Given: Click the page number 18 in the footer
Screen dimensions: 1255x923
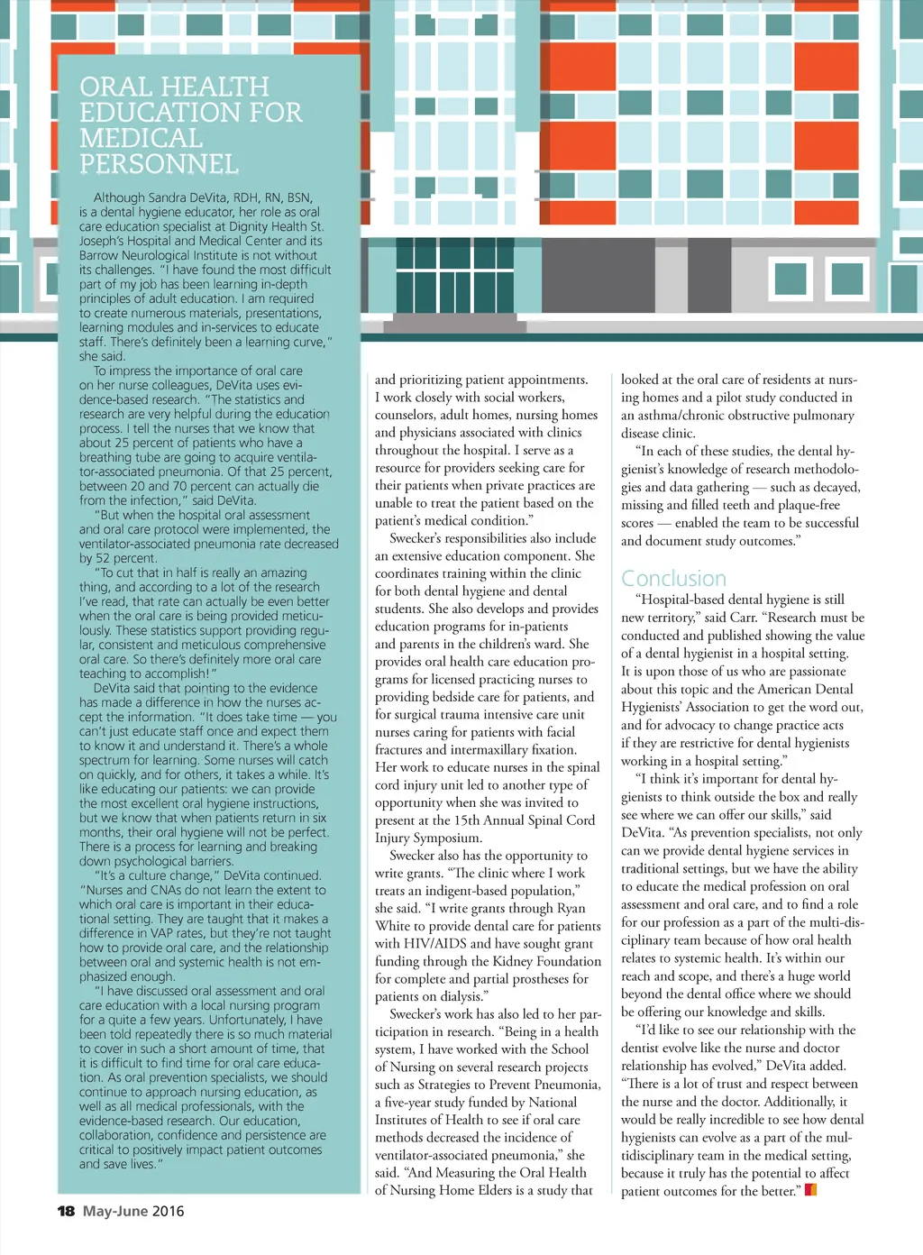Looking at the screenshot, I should (x=66, y=1211).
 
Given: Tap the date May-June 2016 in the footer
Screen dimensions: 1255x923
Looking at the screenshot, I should (x=133, y=1211).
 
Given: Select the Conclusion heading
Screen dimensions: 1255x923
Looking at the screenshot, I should (x=673, y=578).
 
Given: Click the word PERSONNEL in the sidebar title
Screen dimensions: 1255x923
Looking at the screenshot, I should (x=159, y=164).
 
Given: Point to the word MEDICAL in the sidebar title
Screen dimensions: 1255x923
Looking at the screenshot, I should (x=141, y=138).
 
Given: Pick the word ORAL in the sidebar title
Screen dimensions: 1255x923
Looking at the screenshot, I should (x=115, y=87).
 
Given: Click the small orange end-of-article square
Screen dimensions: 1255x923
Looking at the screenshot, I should (x=810, y=1190).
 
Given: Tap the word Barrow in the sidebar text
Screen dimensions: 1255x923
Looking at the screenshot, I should (x=99, y=255).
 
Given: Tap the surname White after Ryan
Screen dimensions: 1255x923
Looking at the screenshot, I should (x=393, y=926).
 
